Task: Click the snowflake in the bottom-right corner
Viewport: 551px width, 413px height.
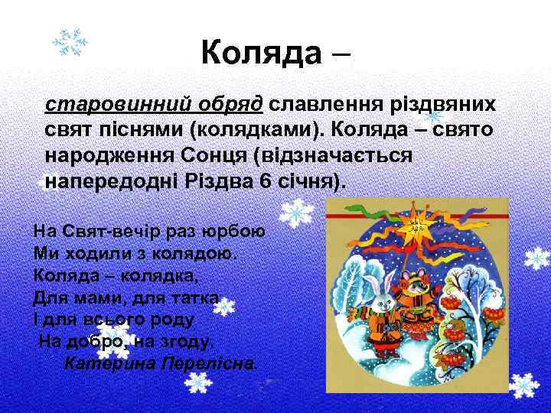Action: coord(524,386)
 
